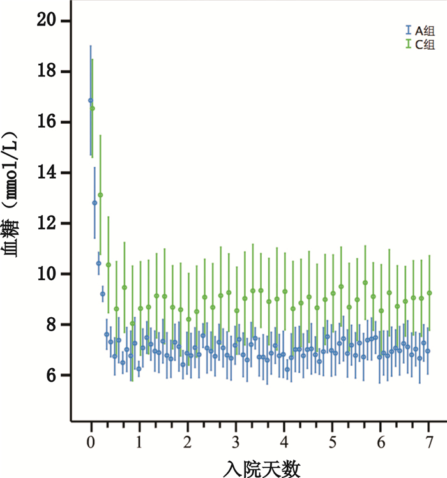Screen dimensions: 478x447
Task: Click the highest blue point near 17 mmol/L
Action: [90, 100]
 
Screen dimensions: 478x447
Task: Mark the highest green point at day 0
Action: [93, 108]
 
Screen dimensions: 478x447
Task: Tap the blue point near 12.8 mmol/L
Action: [95, 203]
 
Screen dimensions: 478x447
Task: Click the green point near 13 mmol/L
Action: [100, 195]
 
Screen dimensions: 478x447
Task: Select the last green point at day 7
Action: [429, 293]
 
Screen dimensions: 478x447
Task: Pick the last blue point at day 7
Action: [428, 351]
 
